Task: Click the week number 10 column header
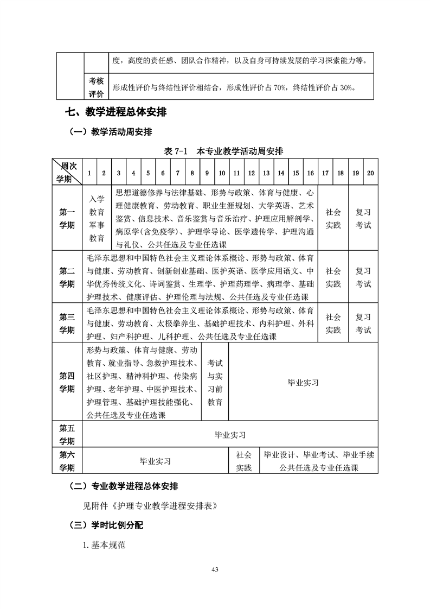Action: pos(222,173)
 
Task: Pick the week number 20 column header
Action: pos(370,173)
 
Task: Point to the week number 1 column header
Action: pos(89,173)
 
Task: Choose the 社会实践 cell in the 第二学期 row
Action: pos(333,277)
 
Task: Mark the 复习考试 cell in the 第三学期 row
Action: pos(363,323)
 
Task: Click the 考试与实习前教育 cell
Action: pos(215,382)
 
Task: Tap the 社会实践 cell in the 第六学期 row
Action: pos(243,461)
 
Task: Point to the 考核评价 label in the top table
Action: pos(97,87)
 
